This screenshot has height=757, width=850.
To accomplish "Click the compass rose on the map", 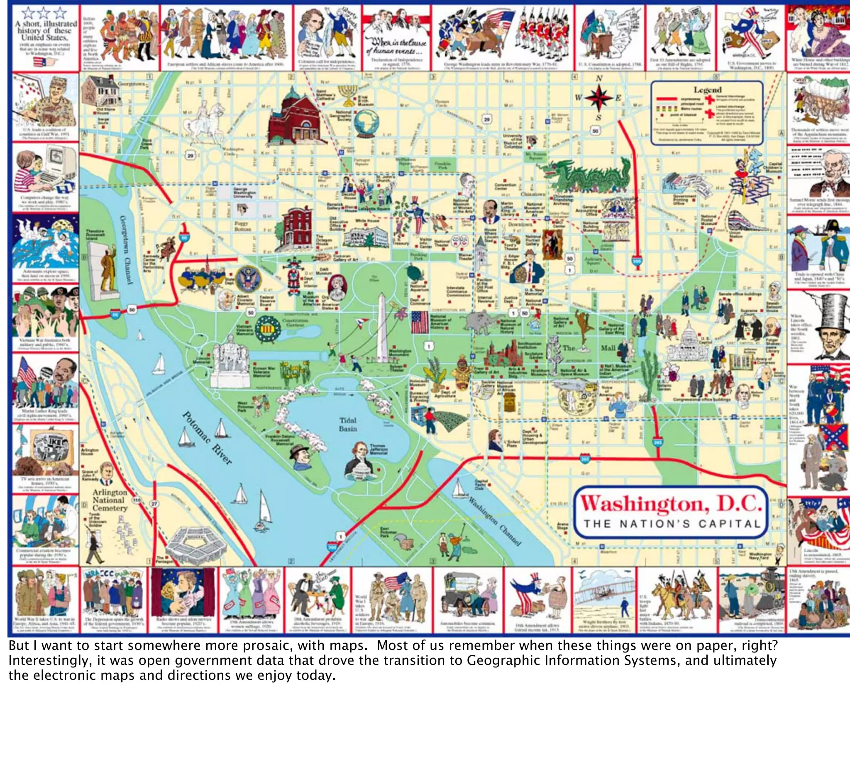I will click(598, 98).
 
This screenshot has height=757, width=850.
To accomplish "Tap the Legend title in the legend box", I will click(707, 89).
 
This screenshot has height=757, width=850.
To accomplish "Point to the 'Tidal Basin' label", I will click(348, 424).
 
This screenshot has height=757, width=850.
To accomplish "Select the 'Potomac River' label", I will click(207, 437).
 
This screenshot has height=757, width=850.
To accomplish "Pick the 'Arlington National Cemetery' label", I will click(110, 500).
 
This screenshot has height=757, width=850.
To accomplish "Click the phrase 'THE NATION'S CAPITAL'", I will click(671, 524).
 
